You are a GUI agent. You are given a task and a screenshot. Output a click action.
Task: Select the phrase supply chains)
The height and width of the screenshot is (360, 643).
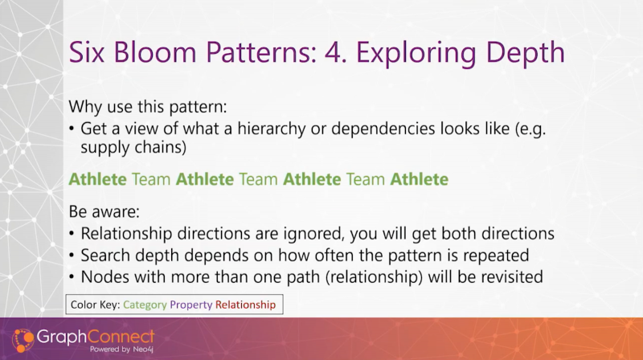click(133, 147)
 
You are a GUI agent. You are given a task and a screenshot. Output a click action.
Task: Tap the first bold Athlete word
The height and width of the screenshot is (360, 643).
click(97, 179)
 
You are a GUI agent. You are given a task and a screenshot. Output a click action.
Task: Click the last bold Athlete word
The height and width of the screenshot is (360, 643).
click(419, 179)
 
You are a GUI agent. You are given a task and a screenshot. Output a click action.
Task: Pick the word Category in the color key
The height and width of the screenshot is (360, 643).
click(145, 305)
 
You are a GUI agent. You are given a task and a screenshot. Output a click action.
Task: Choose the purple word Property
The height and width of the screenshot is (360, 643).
click(191, 305)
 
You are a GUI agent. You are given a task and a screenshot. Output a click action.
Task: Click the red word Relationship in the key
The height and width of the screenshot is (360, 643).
click(246, 305)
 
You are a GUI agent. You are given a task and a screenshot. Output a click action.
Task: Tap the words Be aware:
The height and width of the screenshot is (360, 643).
click(104, 211)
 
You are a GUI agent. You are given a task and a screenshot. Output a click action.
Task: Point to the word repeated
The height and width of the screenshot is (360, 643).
click(496, 256)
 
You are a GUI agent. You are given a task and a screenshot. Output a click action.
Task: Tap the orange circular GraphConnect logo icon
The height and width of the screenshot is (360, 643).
click(23, 341)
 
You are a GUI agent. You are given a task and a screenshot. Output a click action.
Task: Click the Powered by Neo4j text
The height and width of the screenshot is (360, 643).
click(121, 350)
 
